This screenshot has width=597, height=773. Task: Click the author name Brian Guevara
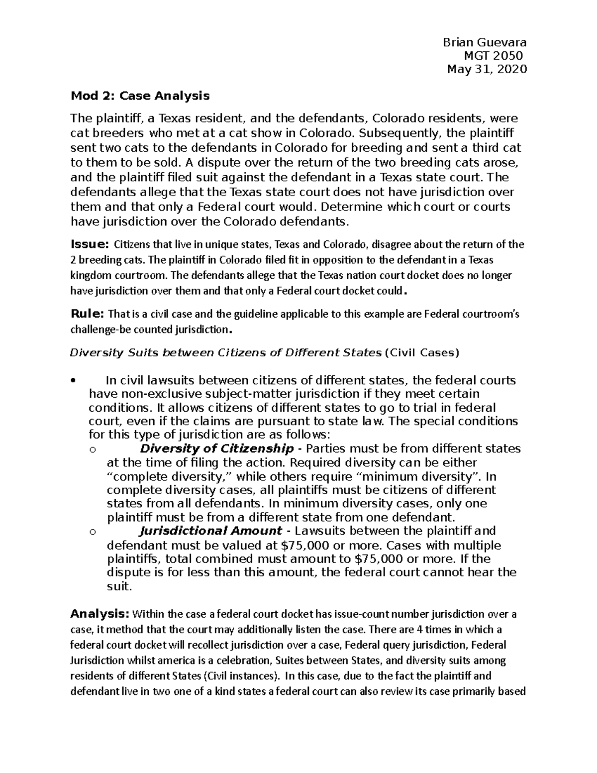484,42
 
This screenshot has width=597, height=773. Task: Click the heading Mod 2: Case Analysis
140,95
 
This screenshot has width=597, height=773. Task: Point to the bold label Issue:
90,244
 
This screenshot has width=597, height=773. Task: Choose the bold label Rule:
87,314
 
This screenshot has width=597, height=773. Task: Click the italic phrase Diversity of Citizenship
217,448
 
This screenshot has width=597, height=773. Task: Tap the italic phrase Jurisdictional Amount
211,531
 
